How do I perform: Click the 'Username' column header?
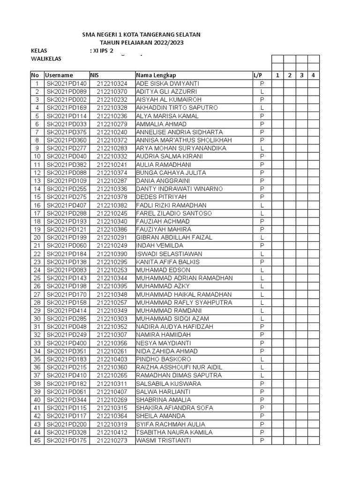click(59, 75)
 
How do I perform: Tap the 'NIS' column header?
click(95, 75)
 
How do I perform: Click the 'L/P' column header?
click(258, 75)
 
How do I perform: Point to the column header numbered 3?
click(302, 75)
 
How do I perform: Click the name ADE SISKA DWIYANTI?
click(161, 83)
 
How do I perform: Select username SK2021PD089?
click(67, 91)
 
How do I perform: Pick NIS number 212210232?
click(112, 100)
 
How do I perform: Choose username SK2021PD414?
click(67, 310)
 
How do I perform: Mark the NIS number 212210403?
click(112, 359)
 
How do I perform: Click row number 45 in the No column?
click(37, 441)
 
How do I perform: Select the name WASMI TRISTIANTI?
click(164, 441)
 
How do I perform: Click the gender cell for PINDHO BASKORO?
click(262, 359)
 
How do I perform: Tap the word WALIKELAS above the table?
click(46, 59)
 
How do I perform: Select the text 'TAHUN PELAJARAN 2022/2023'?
click(142, 43)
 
